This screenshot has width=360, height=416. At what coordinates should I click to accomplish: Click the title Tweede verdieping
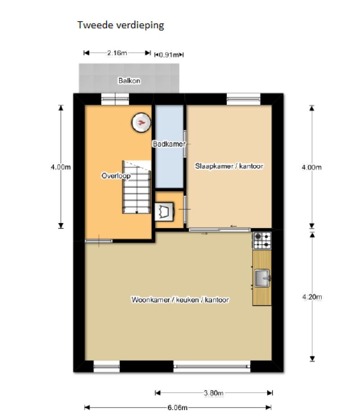click(121, 25)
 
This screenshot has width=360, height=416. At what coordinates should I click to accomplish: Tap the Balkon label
click(129, 81)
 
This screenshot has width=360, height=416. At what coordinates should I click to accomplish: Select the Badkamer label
click(169, 144)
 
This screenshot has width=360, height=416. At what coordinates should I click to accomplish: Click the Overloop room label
click(116, 176)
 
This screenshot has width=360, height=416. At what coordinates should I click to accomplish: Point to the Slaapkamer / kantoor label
click(229, 166)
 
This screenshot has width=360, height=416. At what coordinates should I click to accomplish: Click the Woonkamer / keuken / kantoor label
click(180, 300)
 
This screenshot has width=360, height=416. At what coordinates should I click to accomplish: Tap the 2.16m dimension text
click(117, 53)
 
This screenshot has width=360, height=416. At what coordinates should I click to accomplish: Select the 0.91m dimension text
click(169, 55)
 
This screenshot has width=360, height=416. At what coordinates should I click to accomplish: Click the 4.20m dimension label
click(312, 297)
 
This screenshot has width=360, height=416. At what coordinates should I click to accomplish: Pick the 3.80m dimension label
click(214, 393)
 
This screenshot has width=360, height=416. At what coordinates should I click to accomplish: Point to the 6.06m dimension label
click(177, 407)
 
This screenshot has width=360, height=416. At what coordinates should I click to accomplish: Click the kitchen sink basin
click(262, 278)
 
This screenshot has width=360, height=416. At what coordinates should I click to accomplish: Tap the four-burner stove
click(262, 241)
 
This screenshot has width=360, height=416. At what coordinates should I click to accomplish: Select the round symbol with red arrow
click(141, 122)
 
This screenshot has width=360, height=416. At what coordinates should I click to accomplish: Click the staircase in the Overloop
click(136, 187)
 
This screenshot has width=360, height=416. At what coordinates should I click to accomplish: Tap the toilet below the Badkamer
click(164, 212)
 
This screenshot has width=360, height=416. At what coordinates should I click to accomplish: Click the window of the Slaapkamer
click(243, 99)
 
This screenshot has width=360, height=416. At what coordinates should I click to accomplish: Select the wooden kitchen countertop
click(262, 278)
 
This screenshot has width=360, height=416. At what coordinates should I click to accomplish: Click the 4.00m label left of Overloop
click(61, 167)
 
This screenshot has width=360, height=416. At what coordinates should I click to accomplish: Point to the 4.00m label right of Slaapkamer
click(312, 167)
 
